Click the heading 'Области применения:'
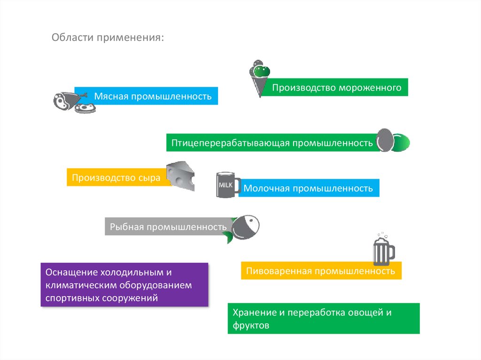pyautogui.click(x=108, y=37)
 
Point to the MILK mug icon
pyautogui.click(x=227, y=185)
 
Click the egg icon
pyautogui.click(x=386, y=140)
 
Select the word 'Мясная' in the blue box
pyautogui.click(x=111, y=97)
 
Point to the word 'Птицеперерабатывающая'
pyautogui.click(x=231, y=143)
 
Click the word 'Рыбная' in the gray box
pyautogui.click(x=126, y=227)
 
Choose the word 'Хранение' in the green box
pyautogui.click(x=253, y=313)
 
